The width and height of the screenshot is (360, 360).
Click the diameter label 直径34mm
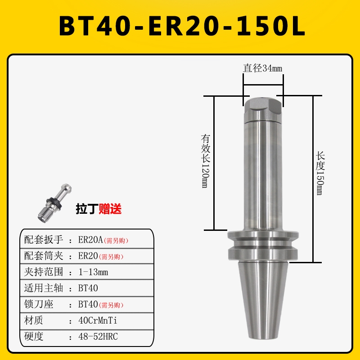263,68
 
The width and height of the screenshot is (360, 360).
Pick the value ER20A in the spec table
90,240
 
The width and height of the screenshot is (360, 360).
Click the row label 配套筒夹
44,256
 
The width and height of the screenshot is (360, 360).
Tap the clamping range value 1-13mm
93,272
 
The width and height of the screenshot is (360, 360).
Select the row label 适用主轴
44,288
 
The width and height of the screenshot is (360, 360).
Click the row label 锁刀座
39,304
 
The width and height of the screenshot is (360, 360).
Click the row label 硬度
34,337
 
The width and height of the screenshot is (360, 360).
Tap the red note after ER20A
119,241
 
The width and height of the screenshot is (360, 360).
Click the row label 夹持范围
44,272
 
